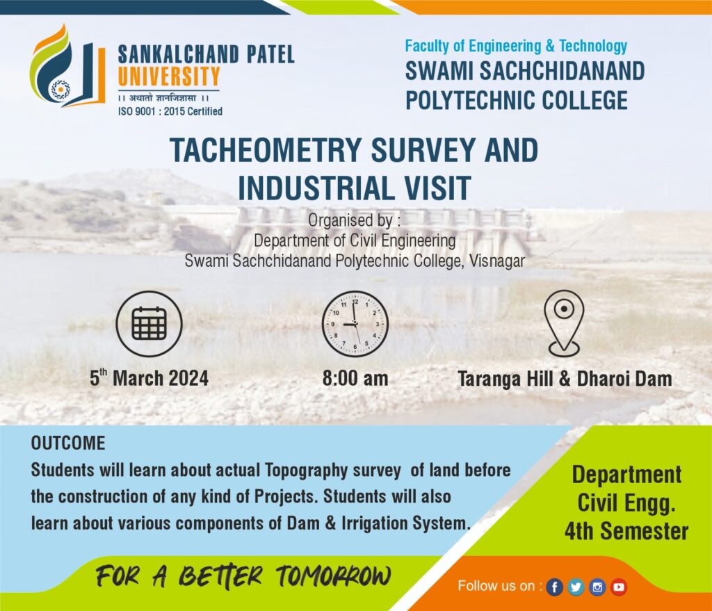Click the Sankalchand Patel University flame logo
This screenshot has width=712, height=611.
(x=67, y=67)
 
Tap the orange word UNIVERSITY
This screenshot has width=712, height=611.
(x=169, y=76)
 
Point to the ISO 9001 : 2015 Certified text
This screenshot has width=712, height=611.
(x=170, y=111)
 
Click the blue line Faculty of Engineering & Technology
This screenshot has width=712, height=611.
(x=516, y=46)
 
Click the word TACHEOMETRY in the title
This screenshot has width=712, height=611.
(x=266, y=150)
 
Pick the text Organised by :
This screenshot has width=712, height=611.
(x=355, y=220)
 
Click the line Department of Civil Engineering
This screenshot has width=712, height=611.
(x=355, y=241)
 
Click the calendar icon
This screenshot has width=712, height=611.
(x=149, y=324)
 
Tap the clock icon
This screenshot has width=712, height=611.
(x=355, y=324)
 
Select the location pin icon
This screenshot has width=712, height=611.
(x=564, y=323)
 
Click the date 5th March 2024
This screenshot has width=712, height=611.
(x=149, y=377)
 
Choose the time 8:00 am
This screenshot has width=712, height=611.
(x=355, y=378)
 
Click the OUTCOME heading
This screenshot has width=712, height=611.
(x=68, y=443)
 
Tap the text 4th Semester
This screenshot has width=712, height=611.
(x=626, y=531)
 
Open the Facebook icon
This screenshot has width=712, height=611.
(x=554, y=587)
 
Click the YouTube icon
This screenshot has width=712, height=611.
(x=618, y=587)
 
